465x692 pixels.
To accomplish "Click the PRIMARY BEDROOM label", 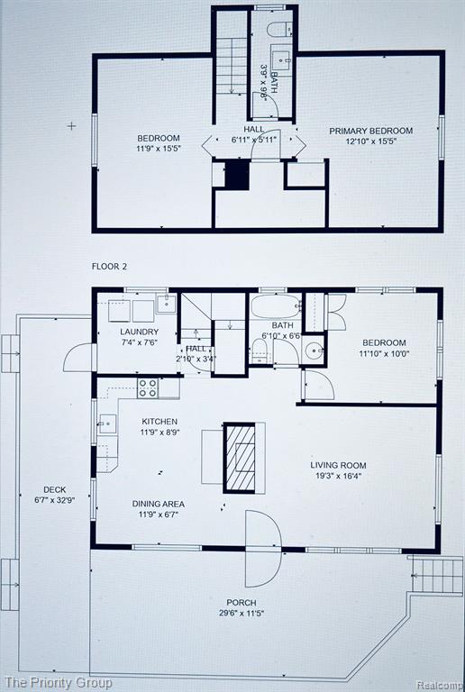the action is click(x=371, y=131).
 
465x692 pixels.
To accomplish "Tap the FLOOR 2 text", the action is click(x=109, y=267).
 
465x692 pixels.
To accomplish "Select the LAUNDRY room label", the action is click(x=139, y=332).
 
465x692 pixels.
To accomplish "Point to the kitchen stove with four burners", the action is click(x=148, y=388).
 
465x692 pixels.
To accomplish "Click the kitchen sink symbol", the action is click(x=107, y=424).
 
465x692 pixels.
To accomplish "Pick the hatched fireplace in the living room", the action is click(x=240, y=458).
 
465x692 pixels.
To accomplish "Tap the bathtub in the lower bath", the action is click(x=276, y=305).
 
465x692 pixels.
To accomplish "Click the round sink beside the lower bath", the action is click(x=315, y=351).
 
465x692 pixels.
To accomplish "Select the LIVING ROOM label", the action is click(x=338, y=465).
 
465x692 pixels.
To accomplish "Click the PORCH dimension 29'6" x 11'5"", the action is click(x=242, y=613).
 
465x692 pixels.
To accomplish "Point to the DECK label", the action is click(x=55, y=489).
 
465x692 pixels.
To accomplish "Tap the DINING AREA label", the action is click(x=159, y=504).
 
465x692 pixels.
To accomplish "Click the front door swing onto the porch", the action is click(x=263, y=549).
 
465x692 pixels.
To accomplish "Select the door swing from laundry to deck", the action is click(x=79, y=358).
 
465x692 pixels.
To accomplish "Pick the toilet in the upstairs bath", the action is click(x=279, y=29).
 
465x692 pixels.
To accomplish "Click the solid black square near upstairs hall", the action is click(x=237, y=175).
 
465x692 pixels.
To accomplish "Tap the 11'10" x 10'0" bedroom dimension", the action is click(x=384, y=353).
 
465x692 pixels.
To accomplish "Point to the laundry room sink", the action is click(x=167, y=304).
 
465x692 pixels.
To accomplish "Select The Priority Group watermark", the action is click(x=58, y=683).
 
